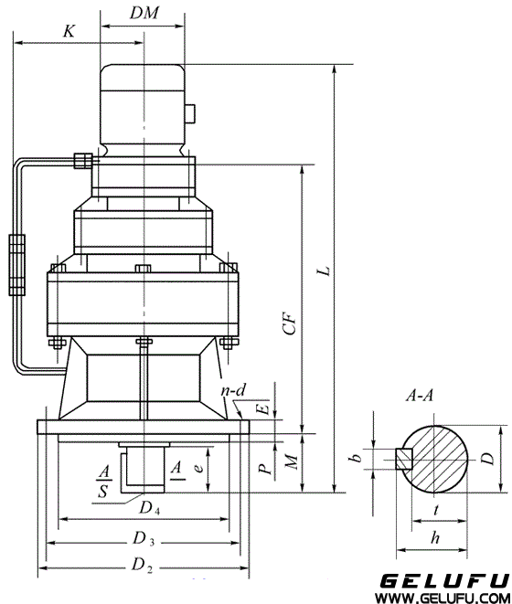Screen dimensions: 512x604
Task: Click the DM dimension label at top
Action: click(144, 13)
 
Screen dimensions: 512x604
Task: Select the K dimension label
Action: click(69, 31)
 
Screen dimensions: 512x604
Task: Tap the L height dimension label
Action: click(325, 270)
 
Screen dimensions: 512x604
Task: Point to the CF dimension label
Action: click(290, 323)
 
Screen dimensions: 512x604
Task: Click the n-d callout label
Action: click(233, 390)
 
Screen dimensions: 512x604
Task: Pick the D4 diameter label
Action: click(149, 508)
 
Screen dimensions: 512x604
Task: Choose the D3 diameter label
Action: click(144, 538)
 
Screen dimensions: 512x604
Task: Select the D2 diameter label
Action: click(143, 565)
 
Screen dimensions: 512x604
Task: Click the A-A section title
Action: click(420, 396)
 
